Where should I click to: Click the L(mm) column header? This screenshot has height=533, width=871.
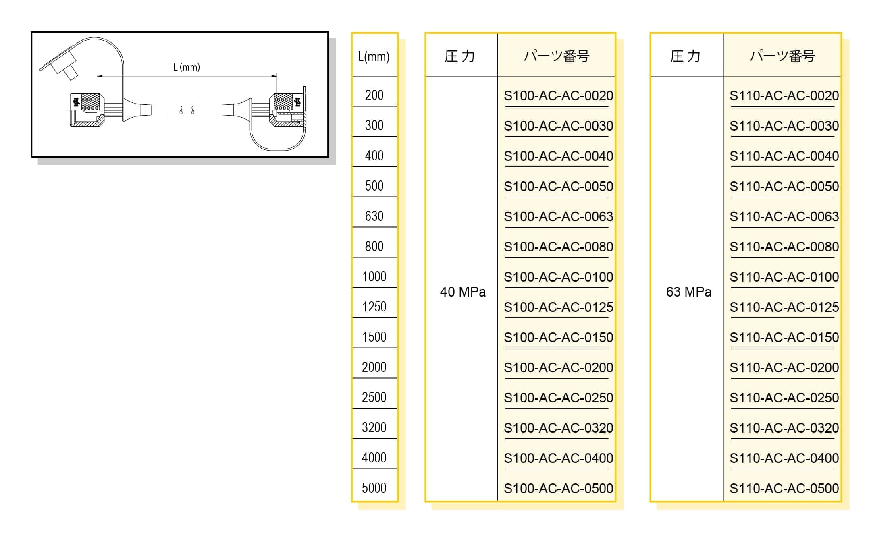click(374, 56)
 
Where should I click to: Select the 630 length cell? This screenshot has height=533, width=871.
click(374, 216)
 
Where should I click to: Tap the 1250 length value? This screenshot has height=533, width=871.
click(374, 307)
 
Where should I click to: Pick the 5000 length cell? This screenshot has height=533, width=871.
click(374, 488)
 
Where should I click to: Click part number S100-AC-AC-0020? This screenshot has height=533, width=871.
click(558, 96)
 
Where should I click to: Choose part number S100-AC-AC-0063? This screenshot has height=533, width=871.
click(558, 217)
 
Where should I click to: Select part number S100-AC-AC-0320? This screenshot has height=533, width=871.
click(558, 428)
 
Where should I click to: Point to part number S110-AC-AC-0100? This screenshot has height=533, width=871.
click(784, 277)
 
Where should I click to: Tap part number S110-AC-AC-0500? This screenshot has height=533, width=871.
click(784, 488)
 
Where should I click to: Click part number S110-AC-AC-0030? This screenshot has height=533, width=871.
click(784, 126)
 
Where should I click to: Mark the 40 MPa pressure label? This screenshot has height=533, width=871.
click(463, 292)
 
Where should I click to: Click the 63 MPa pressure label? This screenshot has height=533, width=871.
click(688, 292)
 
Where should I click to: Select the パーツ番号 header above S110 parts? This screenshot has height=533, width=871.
click(782, 56)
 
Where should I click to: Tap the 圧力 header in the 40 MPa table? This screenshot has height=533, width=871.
click(460, 56)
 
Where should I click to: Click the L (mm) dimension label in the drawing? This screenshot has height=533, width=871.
click(187, 67)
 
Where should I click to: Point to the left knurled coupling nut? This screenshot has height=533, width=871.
click(90, 101)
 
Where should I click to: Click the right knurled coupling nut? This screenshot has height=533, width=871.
click(283, 101)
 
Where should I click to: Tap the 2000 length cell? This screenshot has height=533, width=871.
click(374, 367)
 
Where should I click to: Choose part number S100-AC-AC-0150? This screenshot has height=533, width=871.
click(558, 338)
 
